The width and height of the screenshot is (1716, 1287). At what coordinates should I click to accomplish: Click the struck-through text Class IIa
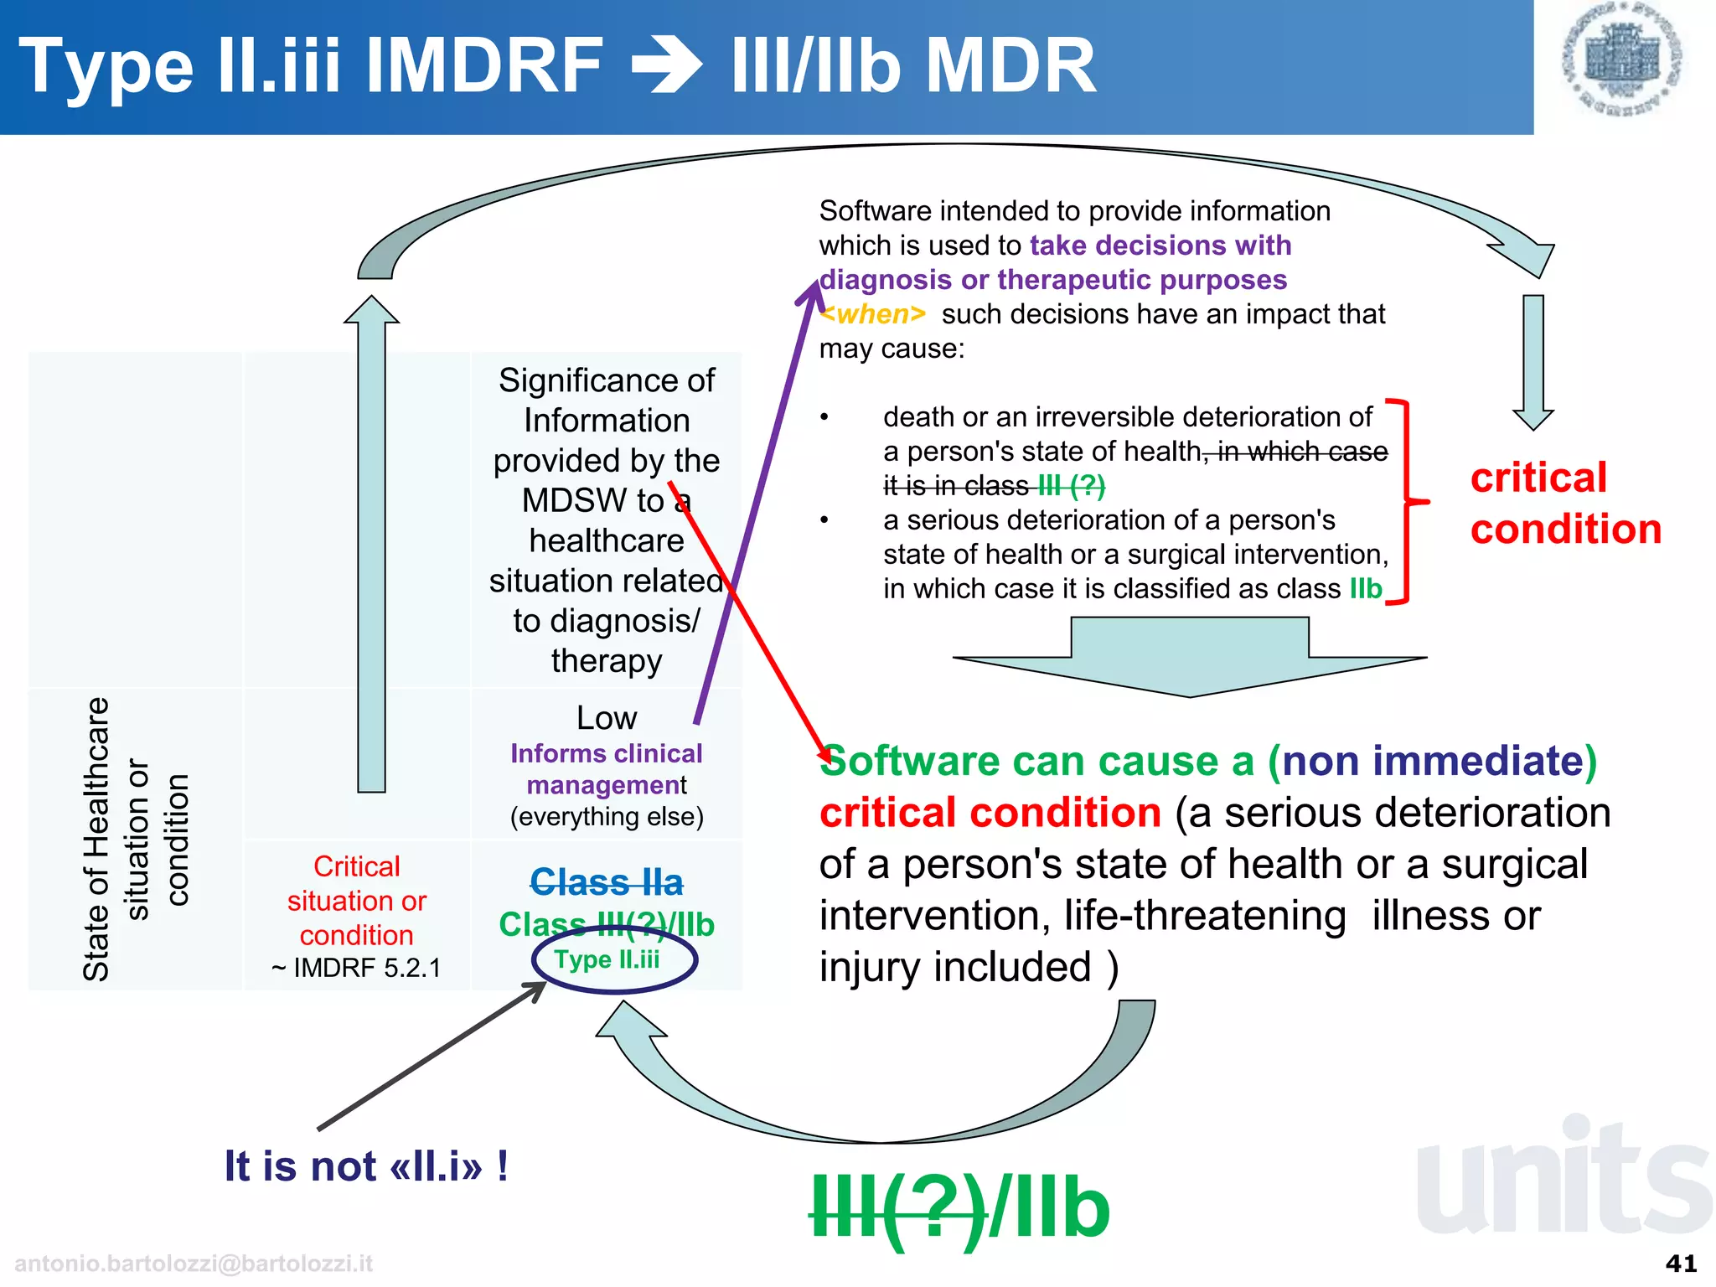tap(607, 882)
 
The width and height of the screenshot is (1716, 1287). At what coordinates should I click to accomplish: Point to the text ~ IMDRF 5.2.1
tap(356, 968)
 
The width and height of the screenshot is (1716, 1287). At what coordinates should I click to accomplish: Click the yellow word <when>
tap(874, 314)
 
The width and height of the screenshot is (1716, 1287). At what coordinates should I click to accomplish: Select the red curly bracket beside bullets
tap(1408, 501)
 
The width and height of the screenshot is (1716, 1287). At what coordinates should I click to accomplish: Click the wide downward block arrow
tap(1190, 658)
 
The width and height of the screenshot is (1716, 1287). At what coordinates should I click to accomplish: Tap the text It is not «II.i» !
tap(366, 1166)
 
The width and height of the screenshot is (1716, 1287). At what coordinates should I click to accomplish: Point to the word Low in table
tap(607, 718)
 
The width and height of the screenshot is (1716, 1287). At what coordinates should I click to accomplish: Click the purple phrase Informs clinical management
tap(607, 769)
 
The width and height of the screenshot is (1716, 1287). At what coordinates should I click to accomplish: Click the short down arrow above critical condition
tap(1533, 360)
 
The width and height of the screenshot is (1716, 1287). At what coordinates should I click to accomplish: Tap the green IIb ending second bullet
tap(1366, 589)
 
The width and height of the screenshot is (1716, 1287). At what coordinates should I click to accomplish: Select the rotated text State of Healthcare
tap(96, 838)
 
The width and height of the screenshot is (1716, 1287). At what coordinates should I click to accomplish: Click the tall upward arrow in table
tap(371, 545)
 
